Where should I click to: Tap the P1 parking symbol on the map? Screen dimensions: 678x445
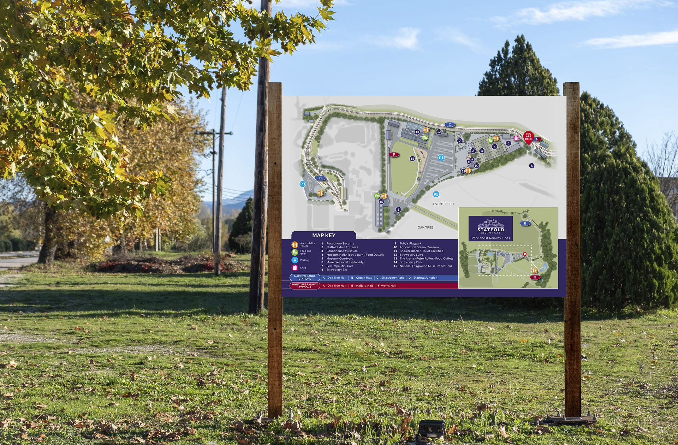(441, 158)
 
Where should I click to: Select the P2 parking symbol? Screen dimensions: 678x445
(436, 194)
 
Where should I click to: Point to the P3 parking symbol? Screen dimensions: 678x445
(302, 184)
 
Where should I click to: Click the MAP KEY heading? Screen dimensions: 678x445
(323, 235)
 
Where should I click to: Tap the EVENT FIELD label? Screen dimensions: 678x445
(443, 204)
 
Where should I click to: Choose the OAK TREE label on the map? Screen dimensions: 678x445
(425, 227)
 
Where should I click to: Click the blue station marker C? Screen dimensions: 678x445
(450, 124)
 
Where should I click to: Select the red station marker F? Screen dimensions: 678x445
(394, 154)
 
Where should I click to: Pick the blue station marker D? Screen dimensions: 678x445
(320, 178)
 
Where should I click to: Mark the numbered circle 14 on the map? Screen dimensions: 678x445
(412, 159)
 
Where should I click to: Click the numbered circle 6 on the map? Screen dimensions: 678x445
(532, 166)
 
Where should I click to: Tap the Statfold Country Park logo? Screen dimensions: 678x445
(490, 226)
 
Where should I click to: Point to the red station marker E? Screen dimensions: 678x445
(535, 277)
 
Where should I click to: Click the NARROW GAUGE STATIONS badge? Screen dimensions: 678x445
(305, 278)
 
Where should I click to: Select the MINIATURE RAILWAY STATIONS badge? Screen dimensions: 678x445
(305, 286)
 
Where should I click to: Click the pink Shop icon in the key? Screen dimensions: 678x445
(295, 268)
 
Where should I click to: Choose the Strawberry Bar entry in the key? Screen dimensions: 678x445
(337, 270)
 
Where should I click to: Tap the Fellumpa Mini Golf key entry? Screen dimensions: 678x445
(339, 266)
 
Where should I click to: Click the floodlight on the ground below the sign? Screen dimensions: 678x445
(432, 429)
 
